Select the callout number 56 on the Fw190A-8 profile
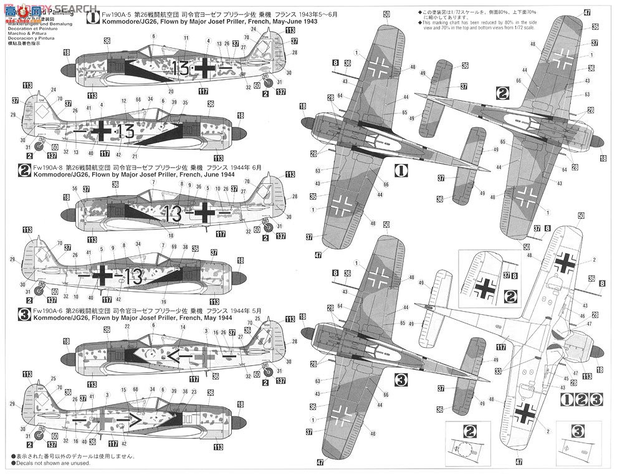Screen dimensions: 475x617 pos(75,189)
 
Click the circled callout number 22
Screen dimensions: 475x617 pos(127,327)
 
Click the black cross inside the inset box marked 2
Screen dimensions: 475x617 pos(484,289)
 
